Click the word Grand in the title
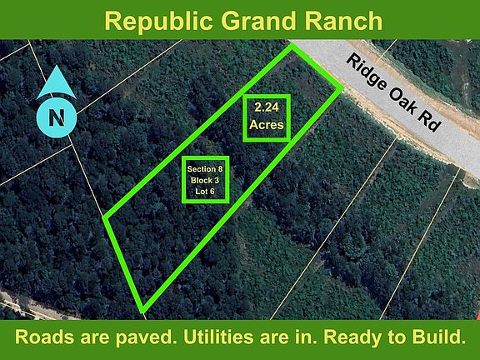click(257, 20)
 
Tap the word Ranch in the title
click(341, 20)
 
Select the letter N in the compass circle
click(56, 117)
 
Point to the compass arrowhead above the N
click(56, 82)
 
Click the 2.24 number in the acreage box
click(266, 107)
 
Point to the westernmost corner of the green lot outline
click(104, 219)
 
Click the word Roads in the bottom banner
click(47, 338)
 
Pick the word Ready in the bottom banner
click(351, 338)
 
